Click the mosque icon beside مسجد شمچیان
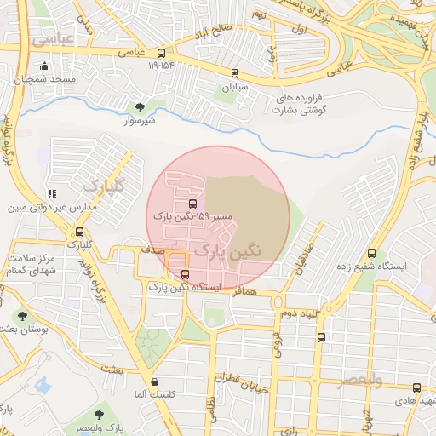coord(44,66)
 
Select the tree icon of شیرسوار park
coord(140,108)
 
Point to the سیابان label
coord(233,87)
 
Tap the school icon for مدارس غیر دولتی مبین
coord(53,194)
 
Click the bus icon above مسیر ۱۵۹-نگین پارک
coord(192,204)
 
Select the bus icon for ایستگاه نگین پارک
coord(186,274)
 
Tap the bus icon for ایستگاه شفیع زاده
coord(371,253)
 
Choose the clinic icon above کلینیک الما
coord(153,382)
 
